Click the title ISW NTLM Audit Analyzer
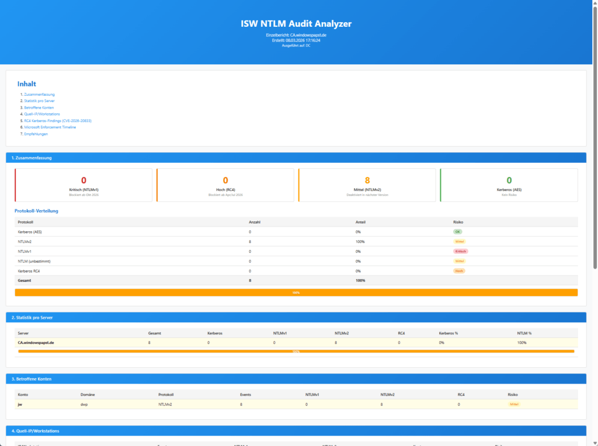pyautogui.click(x=296, y=24)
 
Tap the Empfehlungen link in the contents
pyautogui.click(x=36, y=134)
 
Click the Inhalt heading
pyautogui.click(x=26, y=84)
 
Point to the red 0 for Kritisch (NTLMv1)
pyautogui.click(x=84, y=180)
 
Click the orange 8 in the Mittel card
pyautogui.click(x=367, y=180)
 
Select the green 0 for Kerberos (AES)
pyautogui.click(x=509, y=180)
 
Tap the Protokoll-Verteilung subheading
pyautogui.click(x=36, y=211)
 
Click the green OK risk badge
pyautogui.click(x=458, y=232)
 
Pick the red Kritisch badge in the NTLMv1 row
pyautogui.click(x=460, y=251)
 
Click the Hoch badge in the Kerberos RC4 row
pyautogui.click(x=459, y=271)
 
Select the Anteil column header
pyautogui.click(x=361, y=222)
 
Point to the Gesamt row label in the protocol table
pyautogui.click(x=25, y=280)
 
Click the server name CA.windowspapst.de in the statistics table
pyautogui.click(x=36, y=343)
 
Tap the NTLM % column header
pyautogui.click(x=524, y=333)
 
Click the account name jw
pyautogui.click(x=20, y=404)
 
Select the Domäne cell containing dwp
pyautogui.click(x=84, y=404)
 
